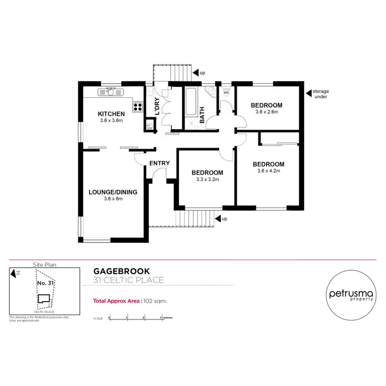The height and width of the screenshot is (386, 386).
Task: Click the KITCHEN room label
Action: (112, 114)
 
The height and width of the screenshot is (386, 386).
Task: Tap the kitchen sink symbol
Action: (111, 92)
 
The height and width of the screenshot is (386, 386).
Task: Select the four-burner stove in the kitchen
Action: (138, 107)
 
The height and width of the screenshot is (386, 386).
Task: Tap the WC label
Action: (225, 93)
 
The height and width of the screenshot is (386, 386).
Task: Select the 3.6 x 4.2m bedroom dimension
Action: (268, 171)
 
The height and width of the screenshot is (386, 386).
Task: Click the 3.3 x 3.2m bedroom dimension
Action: (207, 179)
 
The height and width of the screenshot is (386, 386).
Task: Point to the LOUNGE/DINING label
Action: (113, 192)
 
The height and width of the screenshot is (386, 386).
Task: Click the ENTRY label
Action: (160, 163)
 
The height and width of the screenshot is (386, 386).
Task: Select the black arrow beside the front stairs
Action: (218, 218)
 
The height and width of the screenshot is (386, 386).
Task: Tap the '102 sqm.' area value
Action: (155, 302)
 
